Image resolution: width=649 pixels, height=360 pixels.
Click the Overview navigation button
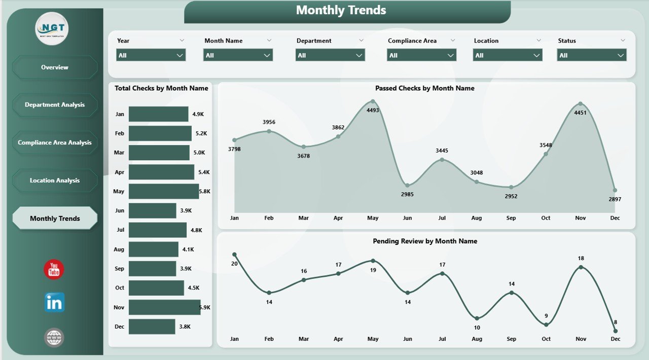pos(55,67)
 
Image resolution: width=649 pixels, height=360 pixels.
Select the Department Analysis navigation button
pos(55,105)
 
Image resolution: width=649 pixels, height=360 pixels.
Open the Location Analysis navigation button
pos(55,181)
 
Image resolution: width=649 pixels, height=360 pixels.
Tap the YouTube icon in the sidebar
pos(54,270)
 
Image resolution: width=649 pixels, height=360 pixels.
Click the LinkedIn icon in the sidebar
pos(54,302)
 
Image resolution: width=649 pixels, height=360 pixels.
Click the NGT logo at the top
pos(52,28)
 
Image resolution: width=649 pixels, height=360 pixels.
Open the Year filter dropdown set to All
pos(151,55)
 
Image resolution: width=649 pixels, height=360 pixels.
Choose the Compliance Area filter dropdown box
pos(422,55)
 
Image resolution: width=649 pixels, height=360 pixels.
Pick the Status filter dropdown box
pos(592,55)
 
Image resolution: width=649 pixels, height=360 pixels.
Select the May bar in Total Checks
pos(164,192)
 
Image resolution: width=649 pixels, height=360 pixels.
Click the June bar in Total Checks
pos(152,211)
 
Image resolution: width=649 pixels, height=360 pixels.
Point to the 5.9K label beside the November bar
pos(205,308)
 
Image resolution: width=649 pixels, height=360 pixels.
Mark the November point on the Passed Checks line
pos(580,104)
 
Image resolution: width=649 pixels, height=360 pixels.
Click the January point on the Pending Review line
pos(234,255)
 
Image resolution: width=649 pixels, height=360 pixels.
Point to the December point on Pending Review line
pos(615,331)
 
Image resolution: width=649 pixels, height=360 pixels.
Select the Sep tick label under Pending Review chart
pos(511,339)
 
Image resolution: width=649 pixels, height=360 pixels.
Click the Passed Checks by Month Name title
pos(425,88)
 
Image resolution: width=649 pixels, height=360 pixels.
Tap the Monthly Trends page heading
pos(341,10)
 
